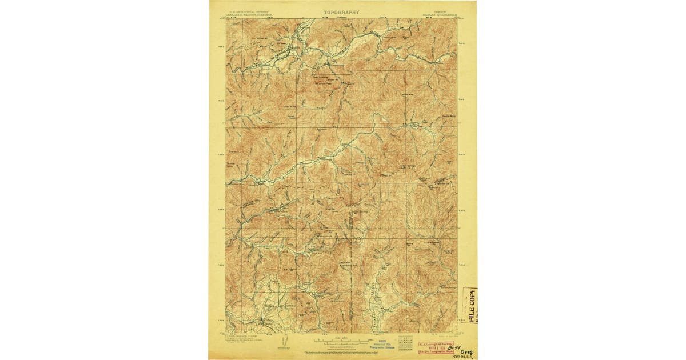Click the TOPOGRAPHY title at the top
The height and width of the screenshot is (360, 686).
[342, 11]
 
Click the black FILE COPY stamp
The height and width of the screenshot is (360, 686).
[472, 305]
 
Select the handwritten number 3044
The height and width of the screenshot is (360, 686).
[456, 345]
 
